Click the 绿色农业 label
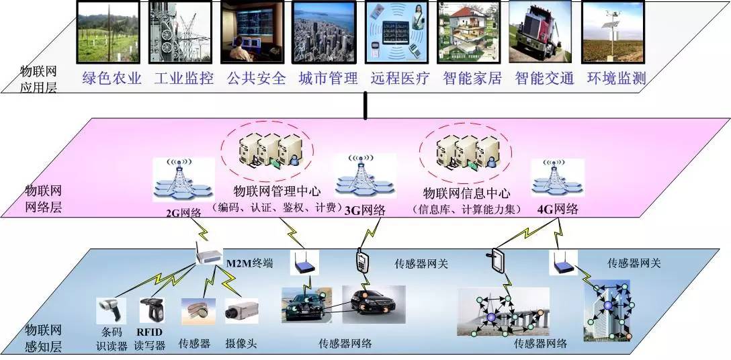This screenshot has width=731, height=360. [x=112, y=79]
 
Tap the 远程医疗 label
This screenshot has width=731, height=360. [x=400, y=79]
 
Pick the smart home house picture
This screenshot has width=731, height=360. [x=468, y=32]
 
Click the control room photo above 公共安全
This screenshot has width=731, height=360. [x=252, y=32]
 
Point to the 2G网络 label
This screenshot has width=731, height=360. [x=183, y=213]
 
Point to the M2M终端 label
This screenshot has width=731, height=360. [x=249, y=264]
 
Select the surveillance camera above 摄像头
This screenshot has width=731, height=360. [x=241, y=310]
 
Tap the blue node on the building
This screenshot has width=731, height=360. [x=607, y=305]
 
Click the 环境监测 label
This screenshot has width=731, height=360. [x=616, y=79]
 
